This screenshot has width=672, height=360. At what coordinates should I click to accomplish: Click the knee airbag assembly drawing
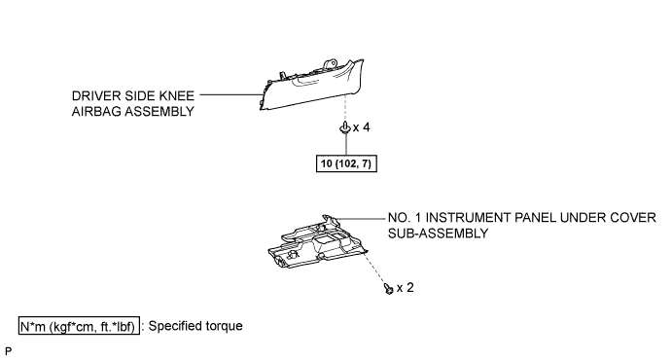(x=312, y=85)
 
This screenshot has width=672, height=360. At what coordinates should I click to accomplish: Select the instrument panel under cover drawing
(x=318, y=242)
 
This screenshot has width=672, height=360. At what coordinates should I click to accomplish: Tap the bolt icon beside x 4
(x=345, y=127)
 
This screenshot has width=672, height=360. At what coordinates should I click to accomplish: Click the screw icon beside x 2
(x=389, y=288)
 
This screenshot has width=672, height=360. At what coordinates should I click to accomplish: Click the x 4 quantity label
(x=362, y=127)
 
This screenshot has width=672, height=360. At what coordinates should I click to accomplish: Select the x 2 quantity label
(x=406, y=288)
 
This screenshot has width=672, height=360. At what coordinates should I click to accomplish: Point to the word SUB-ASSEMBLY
(x=438, y=234)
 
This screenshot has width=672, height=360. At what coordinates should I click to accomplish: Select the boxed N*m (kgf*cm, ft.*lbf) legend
(x=79, y=326)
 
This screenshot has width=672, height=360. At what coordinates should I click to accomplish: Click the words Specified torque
(x=195, y=326)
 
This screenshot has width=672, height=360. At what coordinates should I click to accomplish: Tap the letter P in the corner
(x=8, y=351)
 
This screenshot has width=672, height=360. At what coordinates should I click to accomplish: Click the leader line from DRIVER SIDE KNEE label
(x=231, y=94)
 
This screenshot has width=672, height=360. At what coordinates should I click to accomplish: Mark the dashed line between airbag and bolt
(x=345, y=107)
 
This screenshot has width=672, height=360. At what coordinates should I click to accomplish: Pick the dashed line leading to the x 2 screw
(x=376, y=268)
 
